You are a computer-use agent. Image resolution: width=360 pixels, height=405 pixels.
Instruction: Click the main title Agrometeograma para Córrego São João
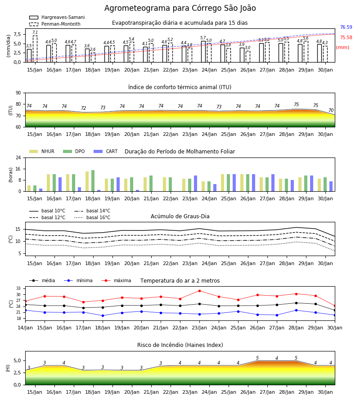tap(180, 8)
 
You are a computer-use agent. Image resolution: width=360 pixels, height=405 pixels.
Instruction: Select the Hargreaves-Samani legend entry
tap(57, 17)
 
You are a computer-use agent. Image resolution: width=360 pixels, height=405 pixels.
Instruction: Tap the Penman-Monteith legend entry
tap(55, 24)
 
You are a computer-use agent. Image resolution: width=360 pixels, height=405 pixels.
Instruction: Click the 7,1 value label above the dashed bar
tap(35, 32)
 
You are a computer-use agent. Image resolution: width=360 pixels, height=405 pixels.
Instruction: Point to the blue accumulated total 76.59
tap(346, 27)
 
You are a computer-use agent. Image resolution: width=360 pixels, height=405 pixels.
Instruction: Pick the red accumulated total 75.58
tap(346, 37)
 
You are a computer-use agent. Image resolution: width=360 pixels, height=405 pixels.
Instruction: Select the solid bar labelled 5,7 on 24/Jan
tap(203, 52)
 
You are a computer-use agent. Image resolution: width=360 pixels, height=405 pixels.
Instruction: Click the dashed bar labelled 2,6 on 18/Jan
tap(93, 58)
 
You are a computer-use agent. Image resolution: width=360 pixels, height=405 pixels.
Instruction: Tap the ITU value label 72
tap(83, 108)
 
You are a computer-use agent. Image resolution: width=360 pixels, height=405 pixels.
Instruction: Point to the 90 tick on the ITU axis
tap(18, 93)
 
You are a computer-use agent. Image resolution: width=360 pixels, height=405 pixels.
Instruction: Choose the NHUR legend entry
tap(42, 151)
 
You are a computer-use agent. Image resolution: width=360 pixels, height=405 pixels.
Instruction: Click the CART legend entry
tap(106, 151)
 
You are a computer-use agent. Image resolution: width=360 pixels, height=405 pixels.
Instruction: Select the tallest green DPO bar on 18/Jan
tap(93, 181)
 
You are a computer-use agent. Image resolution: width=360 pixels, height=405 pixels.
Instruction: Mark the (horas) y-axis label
tap(11, 175)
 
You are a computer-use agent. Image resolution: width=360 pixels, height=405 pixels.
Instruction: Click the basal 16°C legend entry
tap(92, 217)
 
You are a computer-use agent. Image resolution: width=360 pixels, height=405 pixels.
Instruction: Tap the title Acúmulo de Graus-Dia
tap(180, 216)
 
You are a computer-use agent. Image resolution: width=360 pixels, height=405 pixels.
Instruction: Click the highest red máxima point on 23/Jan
tap(199, 291)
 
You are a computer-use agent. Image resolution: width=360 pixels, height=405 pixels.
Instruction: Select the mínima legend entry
tap(78, 280)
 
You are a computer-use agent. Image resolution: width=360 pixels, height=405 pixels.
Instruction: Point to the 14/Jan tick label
tap(25, 328)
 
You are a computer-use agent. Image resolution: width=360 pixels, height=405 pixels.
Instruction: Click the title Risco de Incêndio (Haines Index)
tap(180, 345)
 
